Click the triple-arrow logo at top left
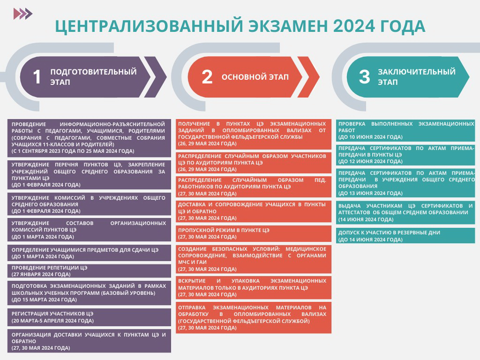(23, 14)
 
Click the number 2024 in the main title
(353, 26)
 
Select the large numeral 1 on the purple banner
(37, 76)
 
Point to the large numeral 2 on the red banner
(207, 76)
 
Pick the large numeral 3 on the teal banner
(364, 76)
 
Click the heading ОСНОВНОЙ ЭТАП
(255, 77)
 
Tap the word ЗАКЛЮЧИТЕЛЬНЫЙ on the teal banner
(417, 72)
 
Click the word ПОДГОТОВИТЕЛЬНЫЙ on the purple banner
(93, 72)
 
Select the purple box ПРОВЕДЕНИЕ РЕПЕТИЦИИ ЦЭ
(89, 271)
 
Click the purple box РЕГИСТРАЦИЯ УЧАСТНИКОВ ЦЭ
(89, 317)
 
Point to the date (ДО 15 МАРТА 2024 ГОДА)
(44, 300)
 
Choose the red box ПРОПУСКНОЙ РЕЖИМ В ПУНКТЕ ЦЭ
(254, 233)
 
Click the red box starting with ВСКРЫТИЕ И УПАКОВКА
(254, 288)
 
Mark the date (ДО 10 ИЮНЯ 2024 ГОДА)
(370, 137)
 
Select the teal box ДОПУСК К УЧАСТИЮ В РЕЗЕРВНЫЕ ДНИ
(405, 236)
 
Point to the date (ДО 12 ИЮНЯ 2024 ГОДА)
(370, 161)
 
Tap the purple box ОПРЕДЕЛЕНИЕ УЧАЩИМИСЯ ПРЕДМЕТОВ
(89, 253)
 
